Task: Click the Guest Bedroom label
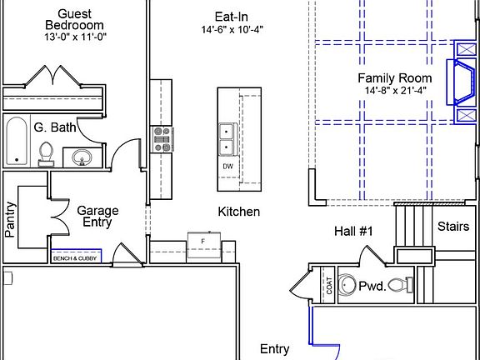74,19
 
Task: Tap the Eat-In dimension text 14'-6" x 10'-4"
232,30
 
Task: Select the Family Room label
395,78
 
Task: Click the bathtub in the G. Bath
17,142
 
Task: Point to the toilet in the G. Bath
46,154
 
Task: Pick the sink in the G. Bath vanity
82,157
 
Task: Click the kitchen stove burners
162,139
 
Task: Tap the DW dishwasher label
227,167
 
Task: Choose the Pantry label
10,219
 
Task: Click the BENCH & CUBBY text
75,258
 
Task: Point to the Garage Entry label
97,217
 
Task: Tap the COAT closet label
329,286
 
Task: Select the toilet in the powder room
401,285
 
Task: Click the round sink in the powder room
347,285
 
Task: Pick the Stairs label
453,227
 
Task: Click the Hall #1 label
353,232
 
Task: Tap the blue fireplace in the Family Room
462,82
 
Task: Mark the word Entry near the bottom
274,349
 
